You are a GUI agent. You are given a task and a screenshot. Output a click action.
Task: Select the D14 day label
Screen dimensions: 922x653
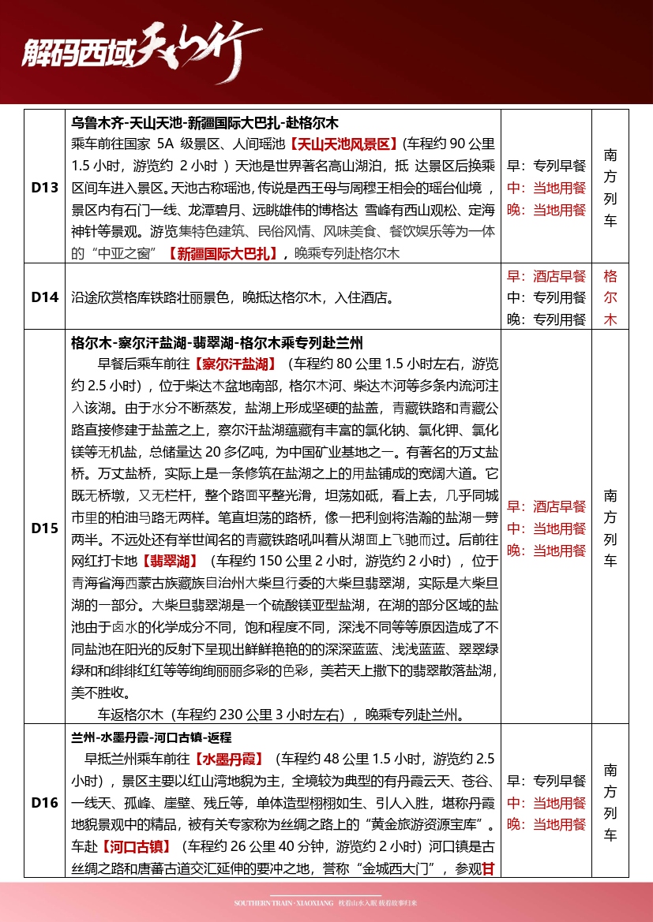pos(45,297)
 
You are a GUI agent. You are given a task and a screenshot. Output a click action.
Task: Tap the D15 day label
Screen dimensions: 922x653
pos(45,528)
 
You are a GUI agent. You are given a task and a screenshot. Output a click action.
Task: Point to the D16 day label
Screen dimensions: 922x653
pos(45,803)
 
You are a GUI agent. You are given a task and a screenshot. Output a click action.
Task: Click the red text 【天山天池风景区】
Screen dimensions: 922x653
pos(342,144)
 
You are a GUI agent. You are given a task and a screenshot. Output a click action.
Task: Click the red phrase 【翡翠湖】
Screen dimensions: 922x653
pos(169,562)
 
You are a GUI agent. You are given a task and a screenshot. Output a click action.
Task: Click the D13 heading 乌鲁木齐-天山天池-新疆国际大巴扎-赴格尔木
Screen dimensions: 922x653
pos(205,123)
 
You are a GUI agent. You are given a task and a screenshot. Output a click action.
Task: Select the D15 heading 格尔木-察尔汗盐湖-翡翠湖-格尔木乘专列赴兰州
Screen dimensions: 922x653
pos(216,343)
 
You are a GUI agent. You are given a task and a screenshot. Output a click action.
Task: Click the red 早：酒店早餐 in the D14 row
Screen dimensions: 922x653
pos(546,276)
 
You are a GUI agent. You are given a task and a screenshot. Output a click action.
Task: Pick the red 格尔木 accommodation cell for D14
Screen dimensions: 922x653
pos(610,297)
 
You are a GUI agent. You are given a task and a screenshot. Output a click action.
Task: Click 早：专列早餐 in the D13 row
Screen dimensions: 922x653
pos(546,166)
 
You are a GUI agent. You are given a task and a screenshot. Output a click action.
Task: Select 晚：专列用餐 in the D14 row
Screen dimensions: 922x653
pos(546,319)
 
